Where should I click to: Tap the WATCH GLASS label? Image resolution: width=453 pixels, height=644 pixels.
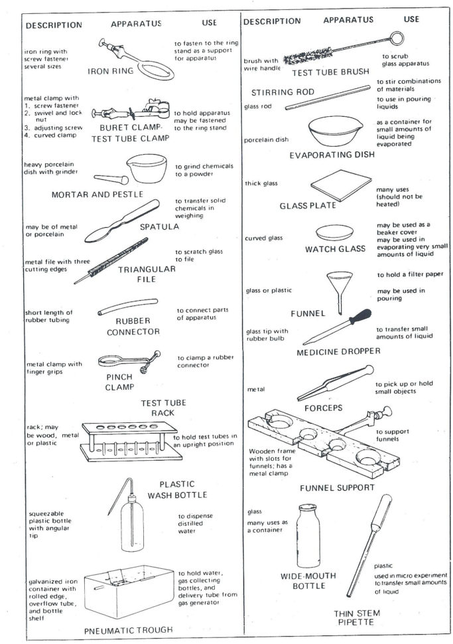pyautogui.click(x=335, y=249)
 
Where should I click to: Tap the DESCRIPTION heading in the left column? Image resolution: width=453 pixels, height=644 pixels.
pyautogui.click(x=53, y=25)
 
